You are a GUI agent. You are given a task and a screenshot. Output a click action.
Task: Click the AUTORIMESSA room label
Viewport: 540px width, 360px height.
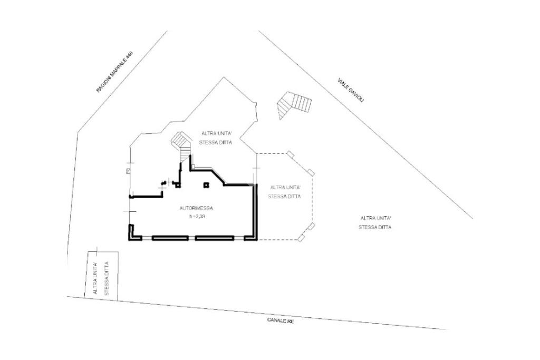point(196,208)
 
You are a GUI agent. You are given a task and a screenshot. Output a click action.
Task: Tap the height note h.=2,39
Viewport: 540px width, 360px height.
point(196,217)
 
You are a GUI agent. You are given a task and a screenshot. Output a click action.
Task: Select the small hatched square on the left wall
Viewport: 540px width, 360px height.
point(129,171)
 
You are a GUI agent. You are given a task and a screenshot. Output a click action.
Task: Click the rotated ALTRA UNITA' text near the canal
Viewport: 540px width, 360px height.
point(96,279)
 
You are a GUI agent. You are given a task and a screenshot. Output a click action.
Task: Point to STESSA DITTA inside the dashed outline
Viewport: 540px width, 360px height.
point(284,197)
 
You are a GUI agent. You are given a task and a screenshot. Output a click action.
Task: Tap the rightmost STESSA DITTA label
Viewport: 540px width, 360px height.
point(375,227)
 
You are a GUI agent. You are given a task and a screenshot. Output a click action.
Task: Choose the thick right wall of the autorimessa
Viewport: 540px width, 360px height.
point(256,211)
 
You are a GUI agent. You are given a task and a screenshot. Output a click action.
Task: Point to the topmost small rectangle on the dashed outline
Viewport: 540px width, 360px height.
point(289,154)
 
